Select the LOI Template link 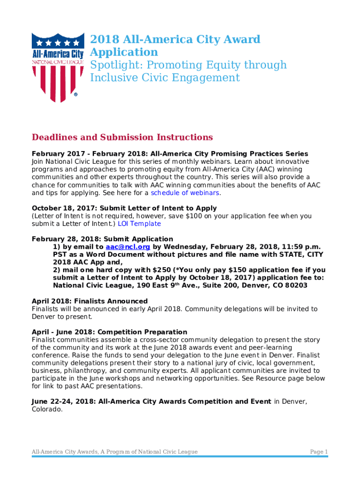tap(139, 224)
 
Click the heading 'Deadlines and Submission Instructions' tap(122, 138)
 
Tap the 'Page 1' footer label tap(319, 451)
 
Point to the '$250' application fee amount tap(161, 270)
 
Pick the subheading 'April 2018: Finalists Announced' tap(89, 301)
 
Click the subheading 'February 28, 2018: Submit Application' tap(102, 239)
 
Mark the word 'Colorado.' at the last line tap(47, 409)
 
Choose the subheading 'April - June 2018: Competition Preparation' tap(109, 332)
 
